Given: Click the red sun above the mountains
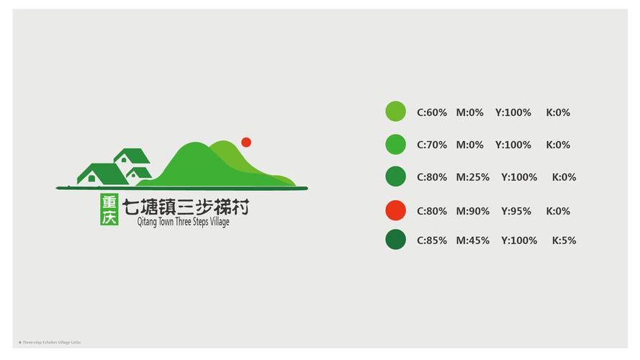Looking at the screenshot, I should pos(245,142).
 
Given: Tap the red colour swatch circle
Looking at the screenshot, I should pos(395,210).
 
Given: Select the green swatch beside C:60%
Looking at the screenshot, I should pos(395,112).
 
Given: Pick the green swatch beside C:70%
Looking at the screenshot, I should pos(395,144).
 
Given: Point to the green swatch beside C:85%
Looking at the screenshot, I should pos(395,240).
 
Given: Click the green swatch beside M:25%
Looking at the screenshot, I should pos(395,176).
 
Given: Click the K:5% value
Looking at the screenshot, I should pos(564,240).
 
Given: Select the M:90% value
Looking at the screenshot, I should pos(472,211).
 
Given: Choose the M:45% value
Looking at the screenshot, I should pos(472,240).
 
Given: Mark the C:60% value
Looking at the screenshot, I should pos(432,112).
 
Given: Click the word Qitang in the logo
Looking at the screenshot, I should pos(147,222).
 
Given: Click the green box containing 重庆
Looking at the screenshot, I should pos(109,209).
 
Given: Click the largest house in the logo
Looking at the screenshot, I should pos(101,175).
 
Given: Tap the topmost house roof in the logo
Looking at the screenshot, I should pos(132,155).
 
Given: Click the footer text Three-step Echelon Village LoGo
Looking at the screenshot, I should pos(50,342).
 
